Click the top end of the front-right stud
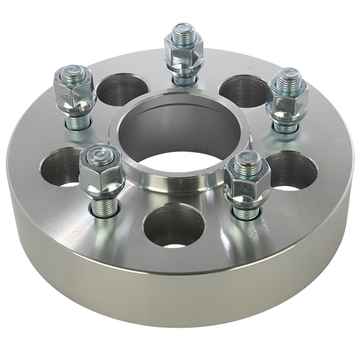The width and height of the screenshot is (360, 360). tap(247, 159)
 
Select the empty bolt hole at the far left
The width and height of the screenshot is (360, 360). tap(64, 166)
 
